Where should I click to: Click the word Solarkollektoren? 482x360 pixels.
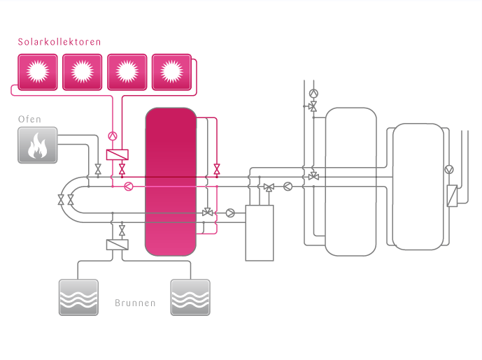[x=59, y=42]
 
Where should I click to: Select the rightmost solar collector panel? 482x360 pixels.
[x=171, y=71]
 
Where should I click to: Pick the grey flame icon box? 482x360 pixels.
[x=37, y=145]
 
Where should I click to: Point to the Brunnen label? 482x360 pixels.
[x=134, y=304]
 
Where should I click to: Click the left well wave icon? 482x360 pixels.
[x=78, y=297]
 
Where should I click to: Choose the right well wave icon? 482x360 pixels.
[x=190, y=297]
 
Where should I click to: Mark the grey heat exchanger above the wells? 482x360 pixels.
[x=117, y=245]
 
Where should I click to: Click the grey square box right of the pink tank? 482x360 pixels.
[x=259, y=233]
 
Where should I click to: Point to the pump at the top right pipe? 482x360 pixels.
[x=313, y=93]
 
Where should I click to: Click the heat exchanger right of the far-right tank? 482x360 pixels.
[x=451, y=195]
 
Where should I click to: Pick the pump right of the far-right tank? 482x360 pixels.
[x=450, y=169]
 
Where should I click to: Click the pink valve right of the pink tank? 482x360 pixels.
[x=217, y=168]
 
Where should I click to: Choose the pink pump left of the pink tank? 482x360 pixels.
[x=128, y=187]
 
